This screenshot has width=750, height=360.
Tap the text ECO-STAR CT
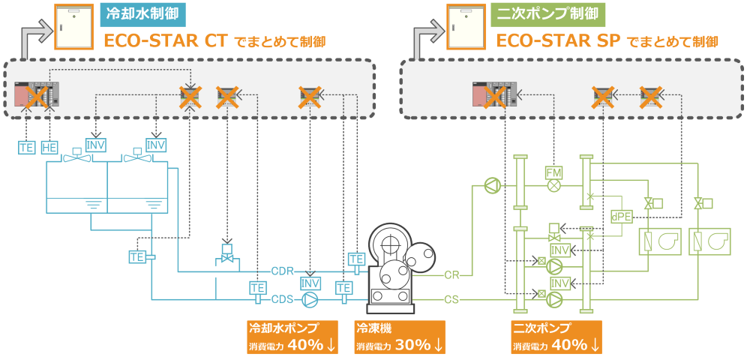[x=166, y=41]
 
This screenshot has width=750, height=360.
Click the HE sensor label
[x=49, y=148]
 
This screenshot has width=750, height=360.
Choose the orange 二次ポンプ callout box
[x=556, y=337]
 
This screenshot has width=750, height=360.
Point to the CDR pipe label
[x=282, y=270]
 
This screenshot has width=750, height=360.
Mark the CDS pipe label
[x=282, y=299]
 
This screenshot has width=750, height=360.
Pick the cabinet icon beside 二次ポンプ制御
[x=465, y=26]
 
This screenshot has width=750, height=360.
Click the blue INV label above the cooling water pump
[x=310, y=283]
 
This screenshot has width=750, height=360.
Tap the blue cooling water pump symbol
[x=310, y=300]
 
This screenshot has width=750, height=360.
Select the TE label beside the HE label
[x=26, y=148]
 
